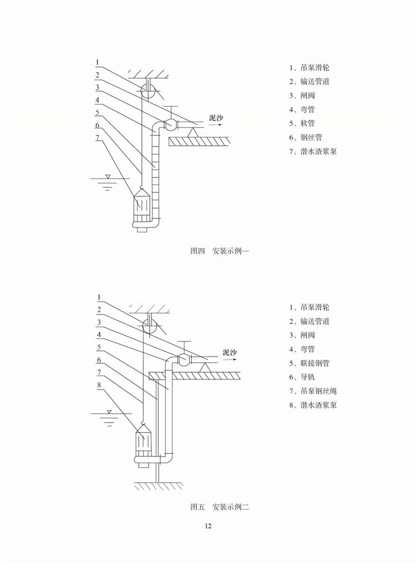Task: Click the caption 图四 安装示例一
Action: pos(221,251)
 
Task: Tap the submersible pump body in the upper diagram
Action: pos(142,208)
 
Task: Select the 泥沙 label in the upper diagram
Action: pos(216,118)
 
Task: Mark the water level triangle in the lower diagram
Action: pos(110,412)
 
